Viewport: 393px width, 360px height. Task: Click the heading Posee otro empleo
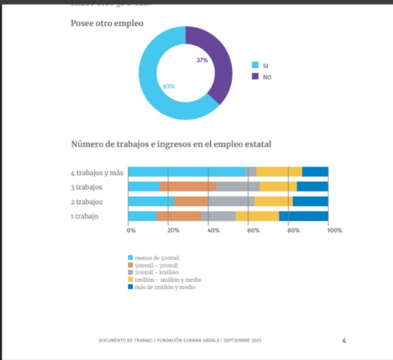click(107, 23)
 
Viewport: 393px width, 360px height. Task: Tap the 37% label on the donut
click(202, 60)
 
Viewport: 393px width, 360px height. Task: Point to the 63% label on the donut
click(169, 86)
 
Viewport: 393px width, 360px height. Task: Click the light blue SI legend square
click(255, 65)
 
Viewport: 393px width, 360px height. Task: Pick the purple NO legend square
click(255, 76)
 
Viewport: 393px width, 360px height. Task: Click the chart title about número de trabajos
click(171, 144)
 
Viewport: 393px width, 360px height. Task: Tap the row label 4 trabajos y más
click(97, 173)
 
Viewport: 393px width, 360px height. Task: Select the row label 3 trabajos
click(87, 187)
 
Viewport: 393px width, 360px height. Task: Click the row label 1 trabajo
click(84, 216)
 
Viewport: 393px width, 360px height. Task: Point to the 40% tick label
click(213, 230)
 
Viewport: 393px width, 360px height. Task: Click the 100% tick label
click(335, 230)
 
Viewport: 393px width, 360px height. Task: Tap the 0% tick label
click(131, 230)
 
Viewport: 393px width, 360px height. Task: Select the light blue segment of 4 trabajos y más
click(187, 172)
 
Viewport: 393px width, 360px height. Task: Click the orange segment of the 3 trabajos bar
click(187, 187)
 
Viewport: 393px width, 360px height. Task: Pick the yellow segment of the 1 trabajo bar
click(257, 216)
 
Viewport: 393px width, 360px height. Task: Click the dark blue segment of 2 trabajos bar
click(310, 201)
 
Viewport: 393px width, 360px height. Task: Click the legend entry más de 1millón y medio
click(164, 287)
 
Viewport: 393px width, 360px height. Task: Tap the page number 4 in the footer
click(344, 340)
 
